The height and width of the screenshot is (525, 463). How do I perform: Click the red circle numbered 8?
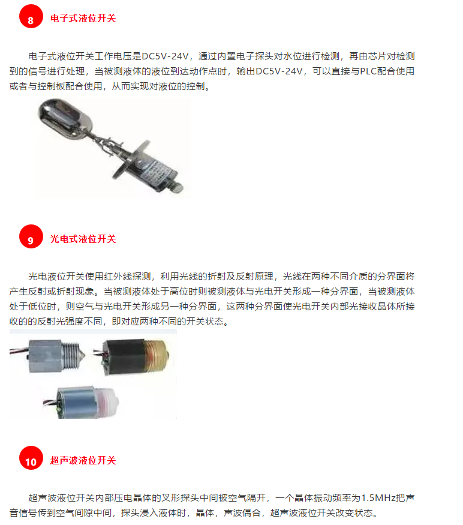(x=31, y=19)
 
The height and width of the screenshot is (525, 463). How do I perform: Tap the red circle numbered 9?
(x=31, y=239)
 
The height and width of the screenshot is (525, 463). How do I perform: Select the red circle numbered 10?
(x=31, y=461)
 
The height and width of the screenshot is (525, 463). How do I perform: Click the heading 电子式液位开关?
(x=83, y=19)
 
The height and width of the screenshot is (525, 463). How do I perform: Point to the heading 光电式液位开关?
(x=83, y=239)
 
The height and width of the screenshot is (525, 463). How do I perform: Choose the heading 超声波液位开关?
(x=83, y=461)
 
